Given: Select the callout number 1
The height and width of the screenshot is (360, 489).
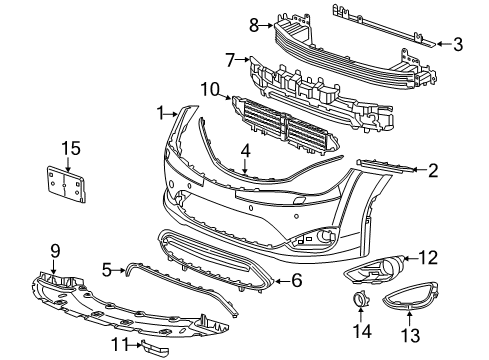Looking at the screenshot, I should pyautogui.click(x=160, y=110).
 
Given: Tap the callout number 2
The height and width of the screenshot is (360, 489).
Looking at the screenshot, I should pyautogui.click(x=432, y=170).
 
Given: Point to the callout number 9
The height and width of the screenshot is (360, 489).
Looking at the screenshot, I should pyautogui.click(x=56, y=250).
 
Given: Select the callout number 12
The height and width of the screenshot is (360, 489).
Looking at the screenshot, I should pyautogui.click(x=428, y=258).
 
